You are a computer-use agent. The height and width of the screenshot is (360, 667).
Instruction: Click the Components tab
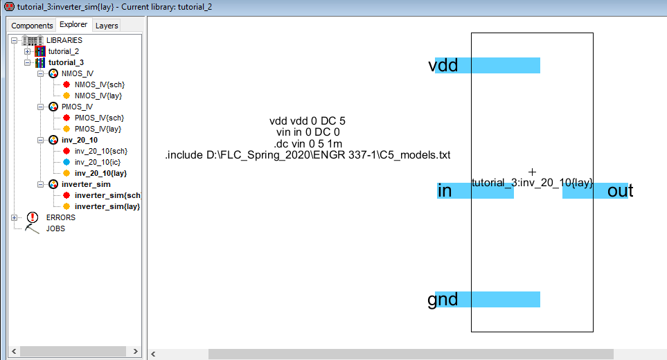[33, 26]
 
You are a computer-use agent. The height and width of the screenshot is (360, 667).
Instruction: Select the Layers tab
[107, 26]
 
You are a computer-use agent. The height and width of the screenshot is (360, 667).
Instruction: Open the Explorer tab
[73, 25]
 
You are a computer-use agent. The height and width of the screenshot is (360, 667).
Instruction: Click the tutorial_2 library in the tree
[63, 51]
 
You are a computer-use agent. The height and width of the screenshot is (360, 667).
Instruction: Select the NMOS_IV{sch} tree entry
[99, 84]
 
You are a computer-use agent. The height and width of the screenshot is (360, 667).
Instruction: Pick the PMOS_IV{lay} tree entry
[98, 129]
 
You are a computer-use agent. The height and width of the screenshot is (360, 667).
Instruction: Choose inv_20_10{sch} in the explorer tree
[100, 151]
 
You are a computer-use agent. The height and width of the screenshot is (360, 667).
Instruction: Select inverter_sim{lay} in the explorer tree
[107, 206]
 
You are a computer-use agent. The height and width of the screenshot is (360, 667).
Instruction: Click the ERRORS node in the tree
[60, 217]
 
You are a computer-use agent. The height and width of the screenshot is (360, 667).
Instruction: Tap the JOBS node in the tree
[55, 228]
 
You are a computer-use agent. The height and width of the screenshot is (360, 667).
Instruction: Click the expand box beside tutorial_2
[27, 51]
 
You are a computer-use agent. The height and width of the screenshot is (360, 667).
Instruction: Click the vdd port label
[443, 65]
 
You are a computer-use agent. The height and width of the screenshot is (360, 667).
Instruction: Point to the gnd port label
[443, 299]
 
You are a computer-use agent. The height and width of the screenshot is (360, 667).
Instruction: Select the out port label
[620, 191]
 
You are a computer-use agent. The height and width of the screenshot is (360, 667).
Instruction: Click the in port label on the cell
[445, 191]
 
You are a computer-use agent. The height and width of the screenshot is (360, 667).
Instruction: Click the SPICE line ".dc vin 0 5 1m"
[308, 143]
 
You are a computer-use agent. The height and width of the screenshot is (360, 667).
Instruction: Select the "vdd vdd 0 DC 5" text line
[308, 121]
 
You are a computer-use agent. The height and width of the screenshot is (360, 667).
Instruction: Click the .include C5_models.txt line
[308, 155]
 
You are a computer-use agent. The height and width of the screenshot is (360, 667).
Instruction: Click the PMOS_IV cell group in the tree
[77, 107]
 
